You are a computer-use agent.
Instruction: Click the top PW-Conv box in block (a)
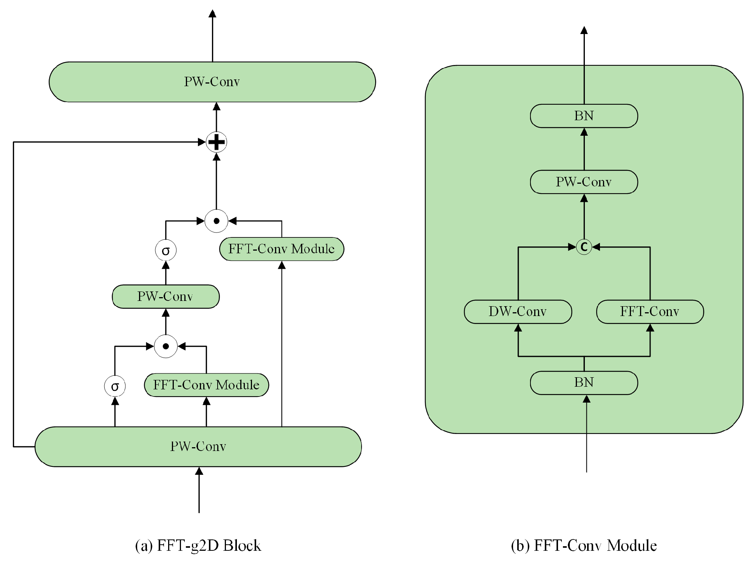(x=212, y=82)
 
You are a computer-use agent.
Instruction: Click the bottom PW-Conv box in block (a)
(x=198, y=446)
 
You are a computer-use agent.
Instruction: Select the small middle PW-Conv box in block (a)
(x=165, y=296)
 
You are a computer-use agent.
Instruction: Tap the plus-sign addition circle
(x=216, y=142)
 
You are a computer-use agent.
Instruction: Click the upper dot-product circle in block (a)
(x=216, y=221)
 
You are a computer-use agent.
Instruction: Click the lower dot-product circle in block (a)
(x=165, y=346)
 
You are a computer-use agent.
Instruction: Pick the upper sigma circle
(x=165, y=250)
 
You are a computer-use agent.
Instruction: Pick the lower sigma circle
(x=115, y=386)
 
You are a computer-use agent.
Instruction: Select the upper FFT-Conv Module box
(x=281, y=249)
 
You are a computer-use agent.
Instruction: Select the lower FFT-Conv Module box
(x=206, y=385)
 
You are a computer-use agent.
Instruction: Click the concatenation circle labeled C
(x=584, y=247)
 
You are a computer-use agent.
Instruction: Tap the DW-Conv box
(x=518, y=311)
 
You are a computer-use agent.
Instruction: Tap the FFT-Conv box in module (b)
(x=650, y=311)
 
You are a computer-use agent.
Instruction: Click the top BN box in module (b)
(x=584, y=116)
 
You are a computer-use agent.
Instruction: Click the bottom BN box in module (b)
(x=584, y=383)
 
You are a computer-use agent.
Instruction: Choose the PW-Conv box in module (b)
(x=584, y=182)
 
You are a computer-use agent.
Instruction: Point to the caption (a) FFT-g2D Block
(x=198, y=545)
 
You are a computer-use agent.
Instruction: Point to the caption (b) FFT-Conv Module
(x=584, y=545)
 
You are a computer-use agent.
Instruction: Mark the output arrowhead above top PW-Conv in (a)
(x=212, y=14)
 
